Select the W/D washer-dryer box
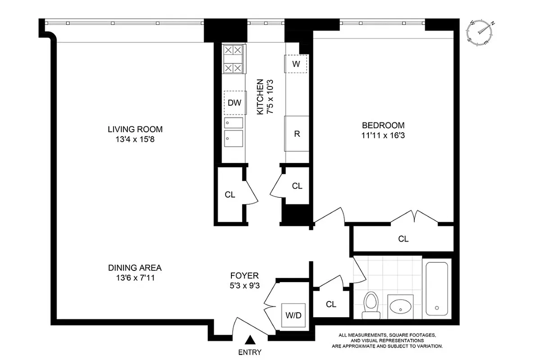click(x=293, y=315)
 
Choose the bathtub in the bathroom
click(x=436, y=288)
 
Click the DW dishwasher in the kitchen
click(x=234, y=102)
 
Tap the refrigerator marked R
click(x=297, y=134)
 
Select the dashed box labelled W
click(x=295, y=63)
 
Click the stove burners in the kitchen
click(x=234, y=59)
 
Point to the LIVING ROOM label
click(x=135, y=130)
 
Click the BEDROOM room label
click(x=383, y=126)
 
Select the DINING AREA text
click(x=135, y=268)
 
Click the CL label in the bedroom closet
click(x=403, y=239)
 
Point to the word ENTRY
click(x=249, y=352)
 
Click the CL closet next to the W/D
click(x=331, y=304)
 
